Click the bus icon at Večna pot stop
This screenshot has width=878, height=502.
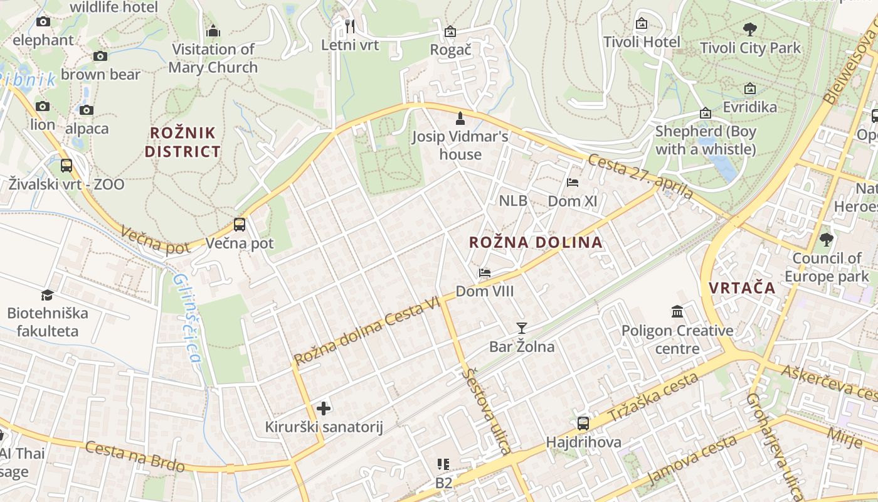coord(239,224)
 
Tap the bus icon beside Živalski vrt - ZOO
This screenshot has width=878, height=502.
coord(66,166)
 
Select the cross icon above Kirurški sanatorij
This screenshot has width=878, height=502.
coord(324,409)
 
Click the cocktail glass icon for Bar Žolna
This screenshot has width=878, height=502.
coord(521,328)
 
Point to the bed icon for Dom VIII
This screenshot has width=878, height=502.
coord(485,273)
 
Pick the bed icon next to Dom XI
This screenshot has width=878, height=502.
coord(573,183)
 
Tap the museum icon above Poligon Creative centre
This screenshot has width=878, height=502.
coord(677,312)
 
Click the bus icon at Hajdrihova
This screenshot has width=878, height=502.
coord(583,423)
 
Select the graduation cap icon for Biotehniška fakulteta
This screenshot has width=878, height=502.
coord(47,295)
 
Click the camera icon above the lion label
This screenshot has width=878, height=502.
coord(43,106)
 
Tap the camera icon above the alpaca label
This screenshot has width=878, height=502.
coord(87,110)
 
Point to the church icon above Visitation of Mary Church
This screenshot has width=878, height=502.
coord(213,31)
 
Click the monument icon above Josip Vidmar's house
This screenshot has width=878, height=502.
coord(460,118)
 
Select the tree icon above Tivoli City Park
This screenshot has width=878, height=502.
coord(749,29)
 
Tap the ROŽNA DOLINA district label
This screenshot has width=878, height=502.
coord(536,242)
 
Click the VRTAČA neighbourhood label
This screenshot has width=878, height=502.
coord(742,288)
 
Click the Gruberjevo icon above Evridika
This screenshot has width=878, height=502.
coord(750,89)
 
